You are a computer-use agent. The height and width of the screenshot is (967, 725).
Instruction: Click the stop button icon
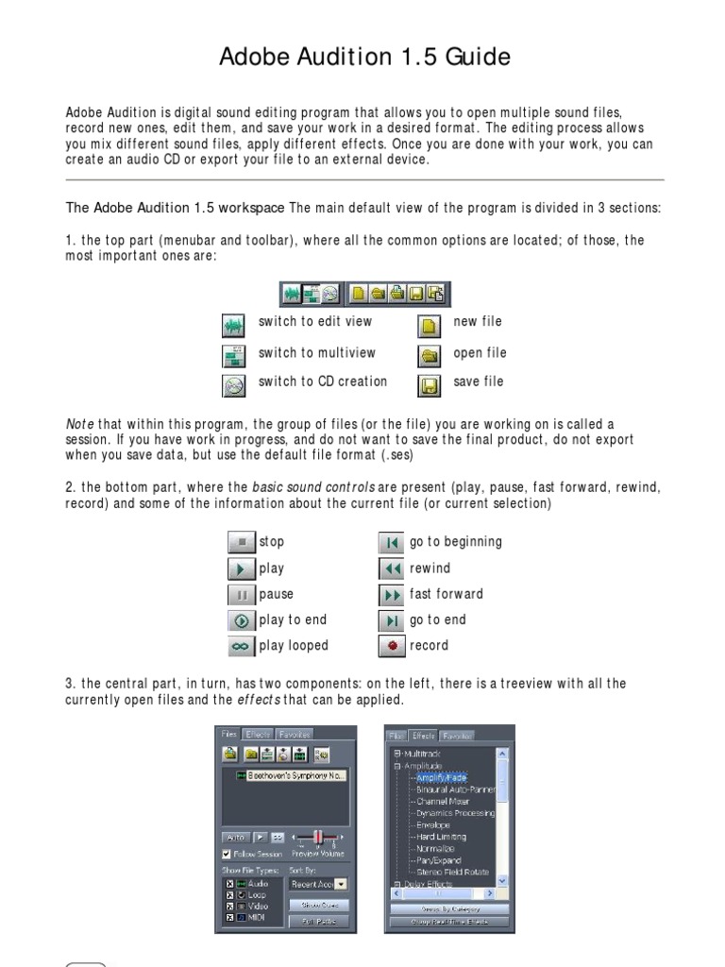coord(242,542)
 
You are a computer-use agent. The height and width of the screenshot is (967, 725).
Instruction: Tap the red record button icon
coord(392,647)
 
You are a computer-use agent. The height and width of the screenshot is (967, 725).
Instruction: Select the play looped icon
coord(242,647)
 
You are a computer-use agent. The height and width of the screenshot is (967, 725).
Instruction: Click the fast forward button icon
coord(392,595)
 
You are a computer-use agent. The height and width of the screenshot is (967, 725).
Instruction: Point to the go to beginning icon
coord(392,543)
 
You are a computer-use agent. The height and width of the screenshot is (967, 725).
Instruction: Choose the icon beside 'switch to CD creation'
coord(233,384)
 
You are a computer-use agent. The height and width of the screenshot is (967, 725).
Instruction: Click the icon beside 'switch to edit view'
coord(233,326)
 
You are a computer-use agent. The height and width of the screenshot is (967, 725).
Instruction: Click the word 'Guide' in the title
coord(479,58)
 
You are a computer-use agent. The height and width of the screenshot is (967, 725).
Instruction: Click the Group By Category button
coord(448,908)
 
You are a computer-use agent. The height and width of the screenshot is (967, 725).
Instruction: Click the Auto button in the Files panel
coord(234,837)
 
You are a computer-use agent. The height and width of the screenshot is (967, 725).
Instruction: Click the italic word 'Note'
coord(79,425)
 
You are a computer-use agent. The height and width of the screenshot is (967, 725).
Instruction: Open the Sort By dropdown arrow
coord(341,885)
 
